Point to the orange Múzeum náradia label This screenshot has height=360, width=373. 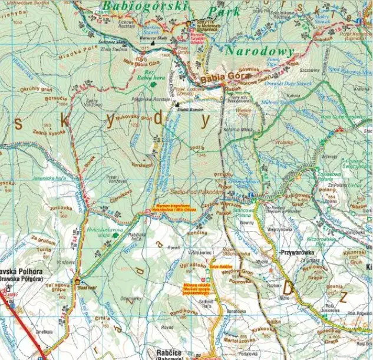tap(195, 288)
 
